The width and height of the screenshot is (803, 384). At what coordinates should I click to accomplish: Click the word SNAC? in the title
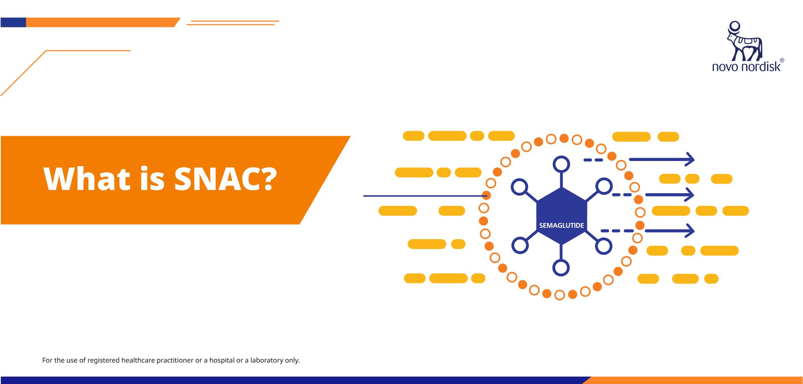pos(225,178)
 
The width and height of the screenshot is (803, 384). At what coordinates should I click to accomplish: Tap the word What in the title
pos(87,178)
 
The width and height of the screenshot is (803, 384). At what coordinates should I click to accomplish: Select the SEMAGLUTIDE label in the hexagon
pos(562,225)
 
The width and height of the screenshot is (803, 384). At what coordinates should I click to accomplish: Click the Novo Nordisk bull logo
pos(745,41)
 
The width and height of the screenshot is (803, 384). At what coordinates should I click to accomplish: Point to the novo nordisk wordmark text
pos(746,66)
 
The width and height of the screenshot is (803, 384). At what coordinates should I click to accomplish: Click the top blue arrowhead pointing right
pos(690,159)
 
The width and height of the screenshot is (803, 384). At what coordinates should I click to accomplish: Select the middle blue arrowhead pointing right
pos(690,195)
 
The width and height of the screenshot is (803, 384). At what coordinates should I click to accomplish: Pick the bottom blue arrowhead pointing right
pos(690,231)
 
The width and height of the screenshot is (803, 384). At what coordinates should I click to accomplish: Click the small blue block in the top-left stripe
pos(13,23)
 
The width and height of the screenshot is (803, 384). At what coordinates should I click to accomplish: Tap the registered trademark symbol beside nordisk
pos(782,60)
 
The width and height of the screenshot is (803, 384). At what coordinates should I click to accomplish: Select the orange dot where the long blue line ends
pos(487,196)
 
